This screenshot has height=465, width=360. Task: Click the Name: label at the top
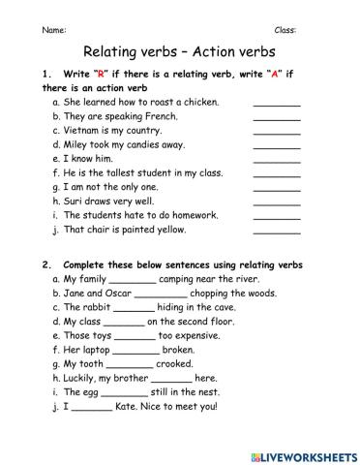(54, 30)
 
